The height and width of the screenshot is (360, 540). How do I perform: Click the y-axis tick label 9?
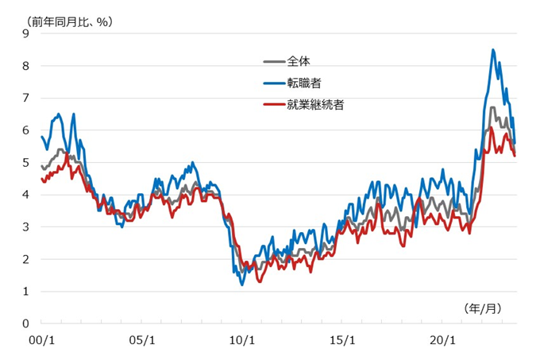[x=26, y=33]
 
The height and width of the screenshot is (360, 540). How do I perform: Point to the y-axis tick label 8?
[x=26, y=66]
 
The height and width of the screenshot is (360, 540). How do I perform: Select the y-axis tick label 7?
[x=26, y=98]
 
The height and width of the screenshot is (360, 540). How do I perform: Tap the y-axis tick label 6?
[x=26, y=130]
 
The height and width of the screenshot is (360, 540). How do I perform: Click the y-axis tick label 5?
[x=26, y=162]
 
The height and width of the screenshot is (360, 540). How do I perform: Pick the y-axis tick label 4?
[x=26, y=195]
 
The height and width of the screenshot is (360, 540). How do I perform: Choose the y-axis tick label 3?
[x=26, y=227]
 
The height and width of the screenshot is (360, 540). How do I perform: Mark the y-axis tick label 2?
[x=26, y=259]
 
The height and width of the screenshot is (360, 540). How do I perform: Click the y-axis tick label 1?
[x=26, y=292]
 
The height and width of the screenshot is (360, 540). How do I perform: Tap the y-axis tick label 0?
[x=26, y=324]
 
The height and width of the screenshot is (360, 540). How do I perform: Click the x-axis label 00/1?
[x=41, y=339]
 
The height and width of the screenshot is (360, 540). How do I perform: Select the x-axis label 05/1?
[x=141, y=339]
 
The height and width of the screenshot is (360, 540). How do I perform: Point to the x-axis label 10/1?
[x=241, y=339]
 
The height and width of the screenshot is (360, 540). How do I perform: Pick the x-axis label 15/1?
[x=341, y=339]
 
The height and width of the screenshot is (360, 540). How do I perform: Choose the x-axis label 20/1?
[x=442, y=339]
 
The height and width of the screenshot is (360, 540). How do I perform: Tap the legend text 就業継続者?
[x=316, y=104]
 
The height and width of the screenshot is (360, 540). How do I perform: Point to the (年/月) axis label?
[x=481, y=306]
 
